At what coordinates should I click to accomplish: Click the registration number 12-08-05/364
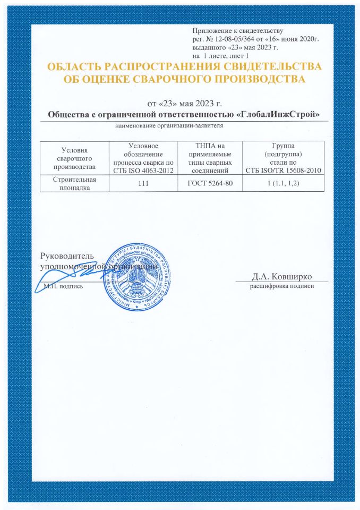tap(233, 40)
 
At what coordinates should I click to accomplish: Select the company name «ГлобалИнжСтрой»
tap(280, 115)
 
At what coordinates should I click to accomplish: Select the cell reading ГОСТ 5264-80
tap(211, 183)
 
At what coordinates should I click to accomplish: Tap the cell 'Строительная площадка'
tap(74, 183)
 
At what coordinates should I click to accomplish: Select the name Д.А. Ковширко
tap(281, 276)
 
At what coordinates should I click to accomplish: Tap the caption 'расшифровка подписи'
tap(282, 287)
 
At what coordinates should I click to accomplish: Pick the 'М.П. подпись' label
tap(63, 286)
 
